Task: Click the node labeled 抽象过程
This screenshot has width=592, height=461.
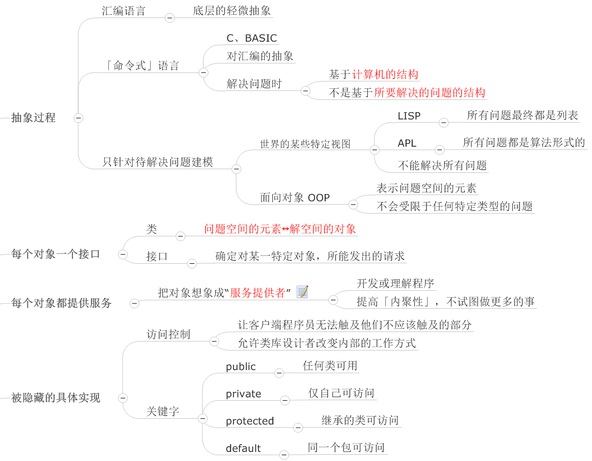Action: click(x=33, y=117)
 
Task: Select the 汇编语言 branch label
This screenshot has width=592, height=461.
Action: click(x=124, y=11)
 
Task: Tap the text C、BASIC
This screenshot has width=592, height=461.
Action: click(x=252, y=38)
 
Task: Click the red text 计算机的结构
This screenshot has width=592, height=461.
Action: click(x=385, y=75)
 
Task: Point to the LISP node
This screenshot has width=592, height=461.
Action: click(x=409, y=116)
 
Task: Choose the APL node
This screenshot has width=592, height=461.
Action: click(x=407, y=143)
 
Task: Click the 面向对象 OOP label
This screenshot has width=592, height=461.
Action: click(x=295, y=198)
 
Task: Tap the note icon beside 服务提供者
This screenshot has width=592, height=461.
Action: click(x=302, y=292)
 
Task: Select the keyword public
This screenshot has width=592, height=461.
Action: click(x=241, y=366)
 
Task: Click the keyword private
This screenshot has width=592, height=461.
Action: click(x=244, y=394)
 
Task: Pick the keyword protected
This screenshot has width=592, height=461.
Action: click(x=250, y=421)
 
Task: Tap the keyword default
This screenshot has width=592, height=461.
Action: click(x=243, y=448)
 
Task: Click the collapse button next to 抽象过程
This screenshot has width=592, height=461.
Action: click(x=78, y=118)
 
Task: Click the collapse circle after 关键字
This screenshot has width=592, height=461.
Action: click(x=203, y=418)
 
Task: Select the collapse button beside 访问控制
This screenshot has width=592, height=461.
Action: click(x=214, y=342)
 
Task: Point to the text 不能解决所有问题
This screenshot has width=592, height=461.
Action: click(x=442, y=165)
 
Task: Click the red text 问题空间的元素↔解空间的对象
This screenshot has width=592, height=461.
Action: click(x=280, y=229)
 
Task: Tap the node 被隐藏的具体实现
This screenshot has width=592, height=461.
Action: click(x=55, y=398)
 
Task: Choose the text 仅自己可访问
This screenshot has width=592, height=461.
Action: click(x=341, y=393)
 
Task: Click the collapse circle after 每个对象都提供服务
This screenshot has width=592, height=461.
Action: click(x=134, y=303)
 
